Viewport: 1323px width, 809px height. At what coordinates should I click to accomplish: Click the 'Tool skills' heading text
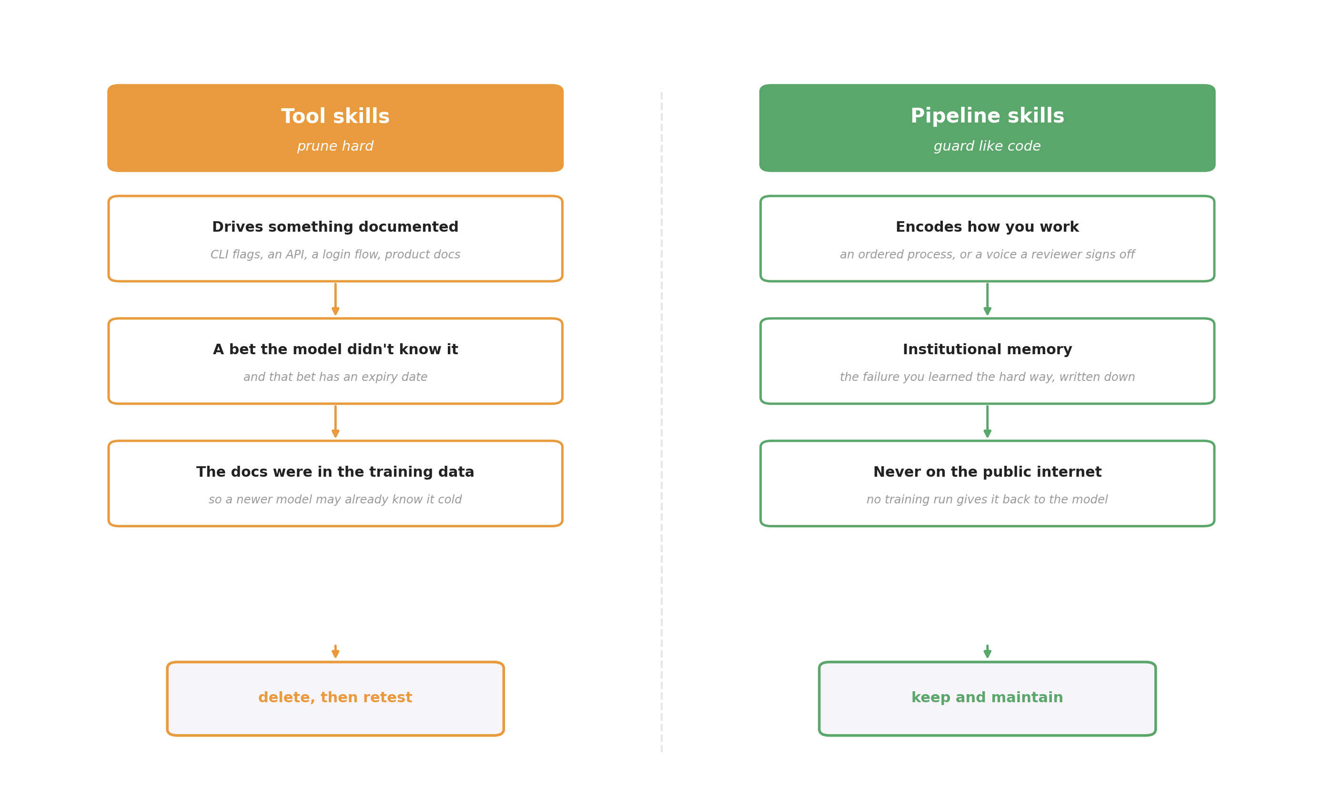pyautogui.click(x=335, y=117)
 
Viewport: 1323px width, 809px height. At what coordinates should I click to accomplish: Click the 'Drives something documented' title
pyautogui.click(x=335, y=227)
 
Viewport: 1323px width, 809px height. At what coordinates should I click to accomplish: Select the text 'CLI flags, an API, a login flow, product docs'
pyautogui.click(x=335, y=255)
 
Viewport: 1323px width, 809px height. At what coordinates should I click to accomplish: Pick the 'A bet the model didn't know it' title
pyautogui.click(x=335, y=350)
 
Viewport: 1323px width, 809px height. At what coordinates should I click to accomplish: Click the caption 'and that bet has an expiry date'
pyautogui.click(x=335, y=377)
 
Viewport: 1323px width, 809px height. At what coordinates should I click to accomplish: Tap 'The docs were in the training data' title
pyautogui.click(x=335, y=472)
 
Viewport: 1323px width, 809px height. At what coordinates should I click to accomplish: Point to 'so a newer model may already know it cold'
pyautogui.click(x=335, y=500)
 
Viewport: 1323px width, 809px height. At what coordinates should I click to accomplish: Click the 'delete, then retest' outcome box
pyautogui.click(x=335, y=698)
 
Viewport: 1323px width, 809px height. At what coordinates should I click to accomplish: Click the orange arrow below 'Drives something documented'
pyautogui.click(x=335, y=300)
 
